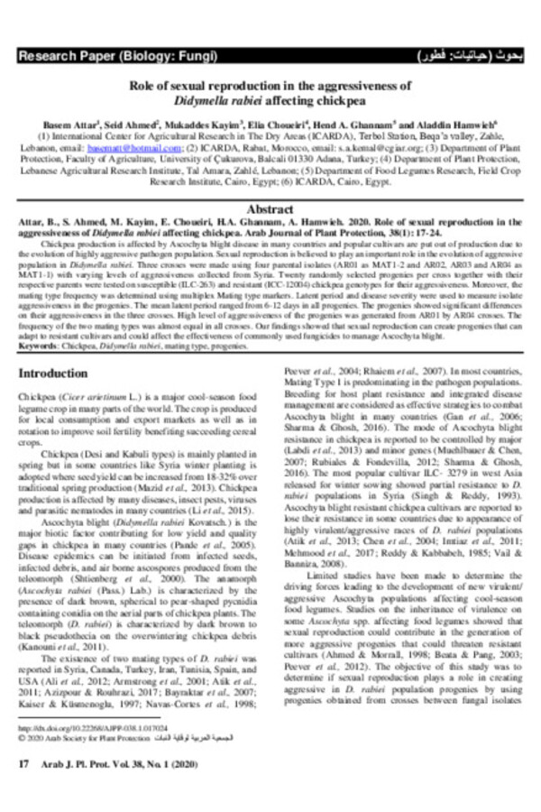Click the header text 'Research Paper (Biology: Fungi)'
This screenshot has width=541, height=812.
tap(117, 56)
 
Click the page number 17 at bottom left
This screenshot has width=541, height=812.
tap(24, 764)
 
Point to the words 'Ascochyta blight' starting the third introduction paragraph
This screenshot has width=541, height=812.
tap(64, 523)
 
